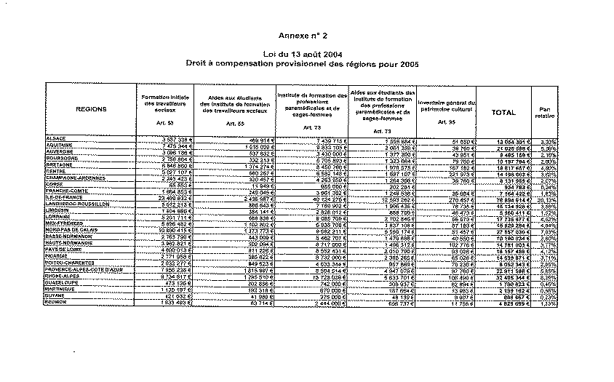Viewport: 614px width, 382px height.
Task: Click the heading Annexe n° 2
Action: coord(303,35)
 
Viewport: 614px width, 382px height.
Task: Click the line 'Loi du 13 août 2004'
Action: coord(303,55)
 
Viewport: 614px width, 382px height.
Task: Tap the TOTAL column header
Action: coord(503,113)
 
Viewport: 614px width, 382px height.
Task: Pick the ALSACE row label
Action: coord(56,138)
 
